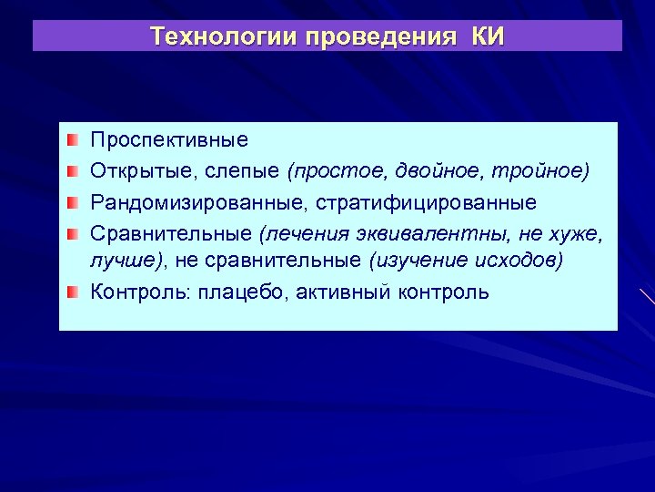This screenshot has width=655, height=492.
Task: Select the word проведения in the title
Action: [x=380, y=36]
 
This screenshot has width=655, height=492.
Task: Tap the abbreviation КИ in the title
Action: [x=488, y=36]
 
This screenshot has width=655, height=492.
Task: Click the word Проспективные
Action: [x=168, y=141]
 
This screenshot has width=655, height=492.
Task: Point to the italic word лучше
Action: [x=121, y=261]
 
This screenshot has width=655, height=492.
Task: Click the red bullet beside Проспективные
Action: [x=73, y=140]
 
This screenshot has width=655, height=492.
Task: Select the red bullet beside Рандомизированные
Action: [x=73, y=200]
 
